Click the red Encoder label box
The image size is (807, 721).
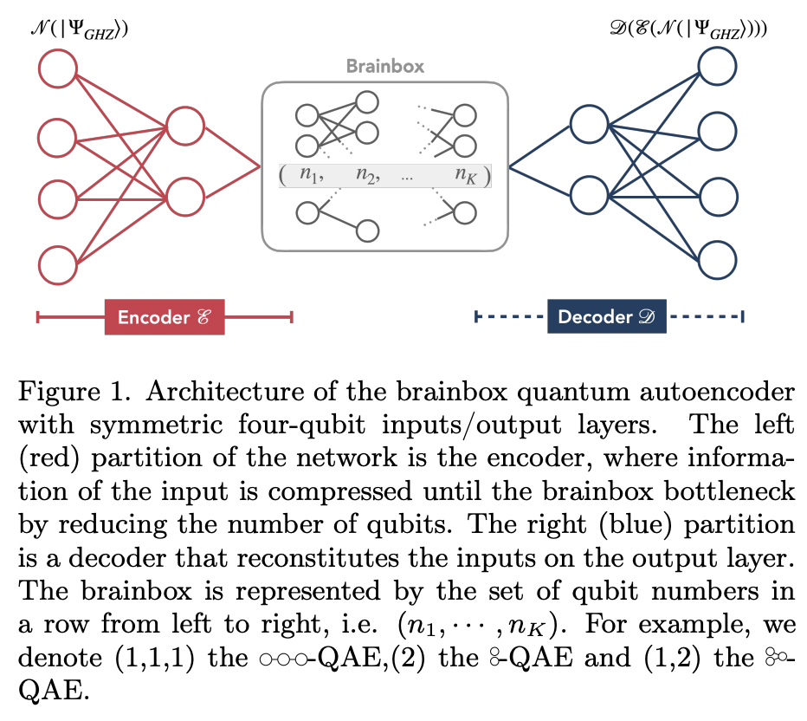[164, 318]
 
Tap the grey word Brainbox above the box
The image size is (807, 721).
[385, 66]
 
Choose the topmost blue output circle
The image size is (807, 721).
[719, 68]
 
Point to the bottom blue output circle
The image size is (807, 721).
[719, 258]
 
